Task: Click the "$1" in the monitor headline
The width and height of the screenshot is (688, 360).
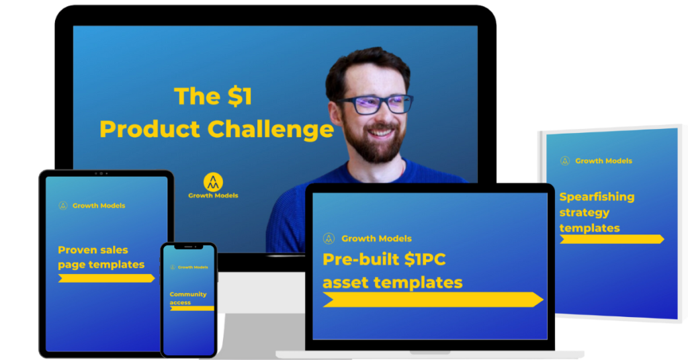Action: click(240, 96)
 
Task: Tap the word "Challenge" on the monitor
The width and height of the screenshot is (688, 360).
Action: click(270, 130)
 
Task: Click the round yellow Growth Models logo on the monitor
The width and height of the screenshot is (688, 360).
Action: click(213, 182)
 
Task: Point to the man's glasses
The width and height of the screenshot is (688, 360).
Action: click(375, 104)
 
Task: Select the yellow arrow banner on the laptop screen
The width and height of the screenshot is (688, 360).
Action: click(433, 300)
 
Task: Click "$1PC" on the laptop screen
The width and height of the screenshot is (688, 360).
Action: click(425, 259)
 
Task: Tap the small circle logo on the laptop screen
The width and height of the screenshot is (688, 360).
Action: click(329, 238)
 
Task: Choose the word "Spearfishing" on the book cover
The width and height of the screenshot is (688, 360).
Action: click(597, 197)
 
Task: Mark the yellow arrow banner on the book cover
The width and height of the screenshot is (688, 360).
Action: click(611, 239)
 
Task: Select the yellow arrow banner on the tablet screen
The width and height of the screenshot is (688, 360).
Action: click(106, 278)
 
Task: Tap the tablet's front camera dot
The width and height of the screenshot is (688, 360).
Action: click(101, 174)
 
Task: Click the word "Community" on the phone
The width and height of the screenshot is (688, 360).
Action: click(188, 294)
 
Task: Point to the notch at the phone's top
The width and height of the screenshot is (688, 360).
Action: click(189, 247)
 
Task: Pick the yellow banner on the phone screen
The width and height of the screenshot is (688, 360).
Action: click(191, 309)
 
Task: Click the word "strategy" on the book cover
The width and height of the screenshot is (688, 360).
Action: click(585, 213)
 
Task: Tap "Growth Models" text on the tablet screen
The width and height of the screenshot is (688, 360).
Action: click(99, 206)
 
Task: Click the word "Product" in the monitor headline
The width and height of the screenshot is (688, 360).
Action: click(150, 129)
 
